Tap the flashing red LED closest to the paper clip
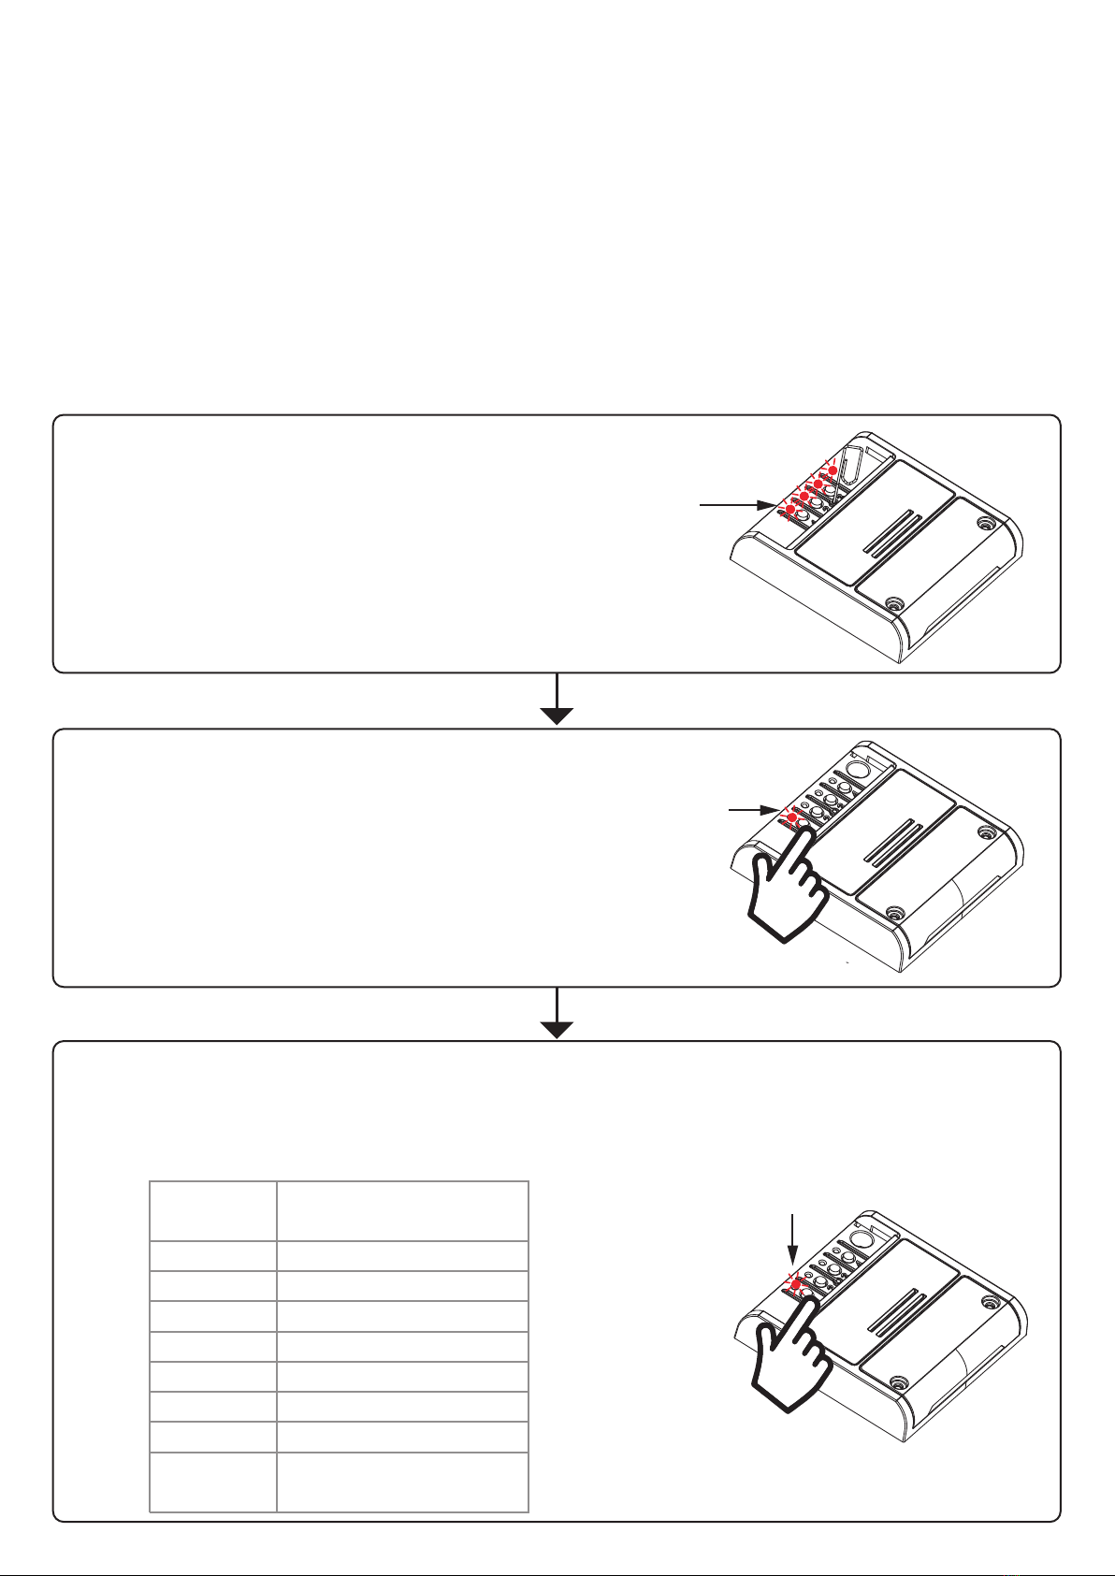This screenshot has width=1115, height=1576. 832,470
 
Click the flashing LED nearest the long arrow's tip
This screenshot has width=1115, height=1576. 789,509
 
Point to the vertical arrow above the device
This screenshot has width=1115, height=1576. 793,1238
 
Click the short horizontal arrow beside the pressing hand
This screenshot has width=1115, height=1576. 752,808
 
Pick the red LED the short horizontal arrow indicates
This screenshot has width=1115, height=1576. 792,817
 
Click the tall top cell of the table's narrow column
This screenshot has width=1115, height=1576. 213,1210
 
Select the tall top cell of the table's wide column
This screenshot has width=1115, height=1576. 402,1210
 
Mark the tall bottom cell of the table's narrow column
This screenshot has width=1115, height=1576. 213,1482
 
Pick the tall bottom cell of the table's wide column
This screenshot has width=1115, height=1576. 402,1482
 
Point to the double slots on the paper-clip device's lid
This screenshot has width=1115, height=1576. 892,536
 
